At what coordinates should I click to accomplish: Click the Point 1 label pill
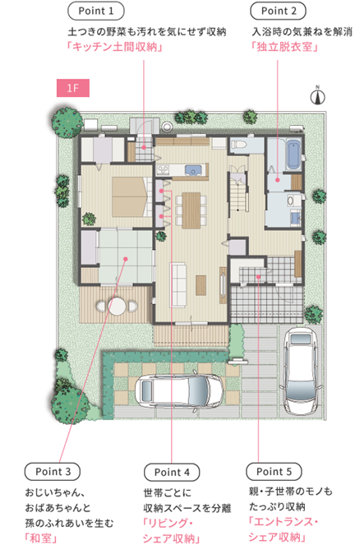[x=96, y=11]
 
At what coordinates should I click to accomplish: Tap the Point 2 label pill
[x=279, y=11]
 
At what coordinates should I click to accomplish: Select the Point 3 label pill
[x=53, y=472]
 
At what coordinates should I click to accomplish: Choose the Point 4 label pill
[x=172, y=472]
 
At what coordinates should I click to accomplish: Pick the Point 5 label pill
[x=274, y=471]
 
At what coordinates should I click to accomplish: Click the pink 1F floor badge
[x=73, y=88]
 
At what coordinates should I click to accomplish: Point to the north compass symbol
[x=317, y=95]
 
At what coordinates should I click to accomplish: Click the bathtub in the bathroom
[x=293, y=155]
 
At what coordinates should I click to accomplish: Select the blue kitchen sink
[x=193, y=170]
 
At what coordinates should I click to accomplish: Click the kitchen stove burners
[x=163, y=169]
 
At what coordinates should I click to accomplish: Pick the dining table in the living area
[x=192, y=210]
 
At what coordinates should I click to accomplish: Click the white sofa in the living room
[x=178, y=285]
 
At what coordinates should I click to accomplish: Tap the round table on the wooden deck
[x=117, y=307]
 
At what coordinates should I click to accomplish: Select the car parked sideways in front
[x=179, y=391]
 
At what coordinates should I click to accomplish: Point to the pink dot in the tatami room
[x=126, y=259]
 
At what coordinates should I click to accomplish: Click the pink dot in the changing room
[x=278, y=180]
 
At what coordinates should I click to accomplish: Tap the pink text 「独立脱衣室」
[x=285, y=46]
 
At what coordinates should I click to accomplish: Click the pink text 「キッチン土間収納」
[x=115, y=46]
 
